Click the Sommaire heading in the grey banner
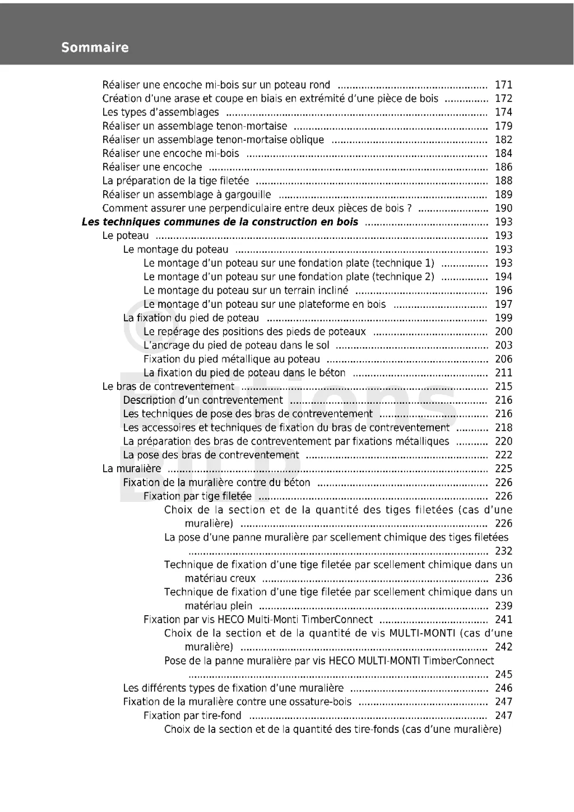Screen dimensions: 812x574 pos(95,48)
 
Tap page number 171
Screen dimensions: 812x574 pos(503,85)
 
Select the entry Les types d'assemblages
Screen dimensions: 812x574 pos(160,112)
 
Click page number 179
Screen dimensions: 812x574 pos(503,126)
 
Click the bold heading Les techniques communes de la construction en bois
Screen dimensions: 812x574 pos(220,222)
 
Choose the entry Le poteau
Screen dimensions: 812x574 pos(126,236)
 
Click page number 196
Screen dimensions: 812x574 pos(503,290)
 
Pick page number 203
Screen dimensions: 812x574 pos(503,345)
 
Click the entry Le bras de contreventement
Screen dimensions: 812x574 pos(168,386)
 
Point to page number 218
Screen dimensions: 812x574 pos(503,428)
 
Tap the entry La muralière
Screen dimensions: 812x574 pos(131,469)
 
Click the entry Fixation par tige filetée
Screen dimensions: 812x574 pos(197,496)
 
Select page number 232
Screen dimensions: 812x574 pos(503,551)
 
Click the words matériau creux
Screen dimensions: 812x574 pos(220,578)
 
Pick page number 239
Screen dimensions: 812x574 pos(503,606)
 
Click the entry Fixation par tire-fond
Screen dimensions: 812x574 pos(192,716)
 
